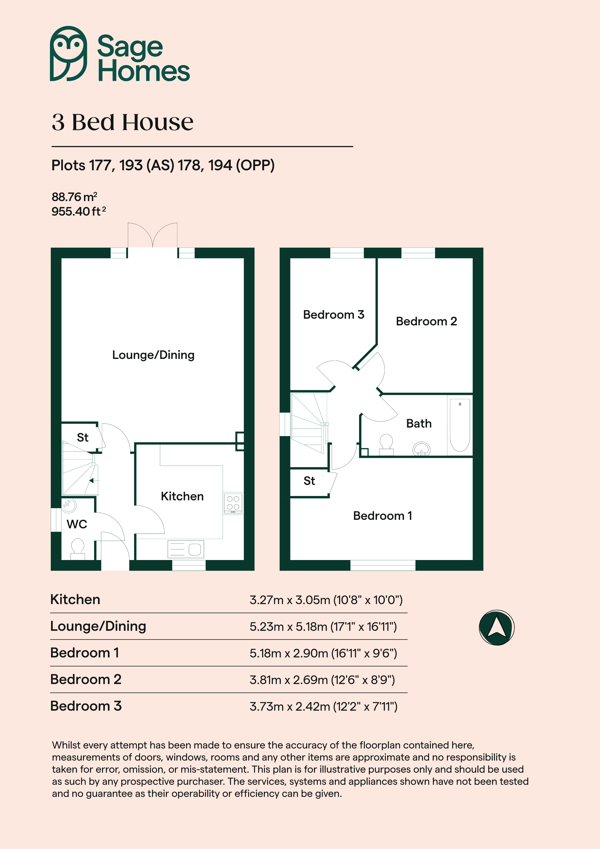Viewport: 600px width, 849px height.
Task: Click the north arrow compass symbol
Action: pos(496,628)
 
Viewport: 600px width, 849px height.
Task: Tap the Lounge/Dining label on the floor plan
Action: pos(153,355)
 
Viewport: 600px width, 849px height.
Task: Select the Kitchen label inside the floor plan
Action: pos(182,496)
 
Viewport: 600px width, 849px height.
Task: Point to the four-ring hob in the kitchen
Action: pos(233,503)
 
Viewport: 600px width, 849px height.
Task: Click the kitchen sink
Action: pos(186,549)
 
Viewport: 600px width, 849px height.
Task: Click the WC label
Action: pos(77,524)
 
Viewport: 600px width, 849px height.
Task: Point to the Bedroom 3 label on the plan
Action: pos(333,315)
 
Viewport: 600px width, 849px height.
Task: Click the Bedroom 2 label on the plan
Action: pos(426,321)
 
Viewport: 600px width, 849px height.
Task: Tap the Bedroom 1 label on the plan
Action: pos(383,516)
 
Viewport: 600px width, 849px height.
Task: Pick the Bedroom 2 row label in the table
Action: pos(86,679)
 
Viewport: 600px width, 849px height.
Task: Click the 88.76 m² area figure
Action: pos(74,197)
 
